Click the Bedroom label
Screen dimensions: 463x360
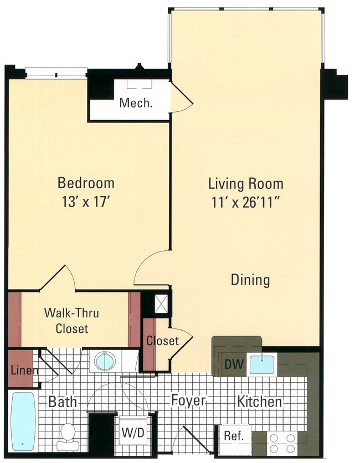point(86,183)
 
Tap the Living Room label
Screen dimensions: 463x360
point(245,183)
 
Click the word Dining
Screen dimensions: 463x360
point(250,280)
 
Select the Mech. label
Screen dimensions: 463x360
point(136,103)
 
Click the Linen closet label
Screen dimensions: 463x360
point(23,370)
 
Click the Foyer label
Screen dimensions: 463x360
point(188,400)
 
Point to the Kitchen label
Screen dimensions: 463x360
point(260,402)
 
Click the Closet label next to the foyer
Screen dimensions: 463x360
point(162,341)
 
